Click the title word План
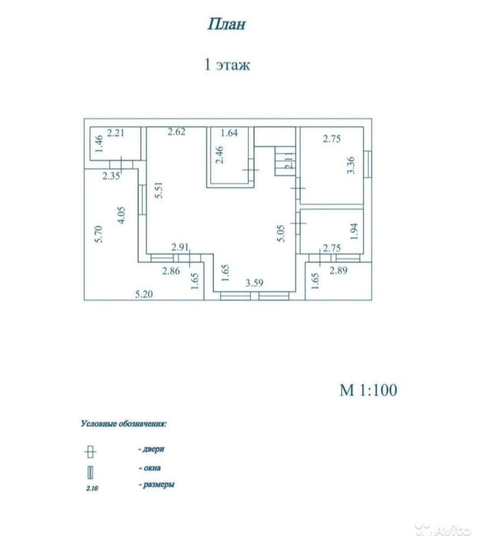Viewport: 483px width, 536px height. pyautogui.click(x=226, y=24)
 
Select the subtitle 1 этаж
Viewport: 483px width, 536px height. pyautogui.click(x=227, y=65)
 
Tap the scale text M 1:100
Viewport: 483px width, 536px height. pyautogui.click(x=368, y=390)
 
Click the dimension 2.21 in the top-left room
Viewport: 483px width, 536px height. pyautogui.click(x=116, y=133)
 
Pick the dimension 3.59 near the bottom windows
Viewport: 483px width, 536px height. pyautogui.click(x=254, y=283)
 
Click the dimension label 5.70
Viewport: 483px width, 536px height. pyautogui.click(x=99, y=234)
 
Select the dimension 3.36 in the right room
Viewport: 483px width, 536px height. pyautogui.click(x=351, y=165)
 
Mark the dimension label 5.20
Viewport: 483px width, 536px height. pyautogui.click(x=144, y=294)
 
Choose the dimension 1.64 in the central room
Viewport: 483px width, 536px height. pyautogui.click(x=229, y=133)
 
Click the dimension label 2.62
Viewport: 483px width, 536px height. pyautogui.click(x=177, y=132)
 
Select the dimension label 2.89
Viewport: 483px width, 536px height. pyautogui.click(x=338, y=270)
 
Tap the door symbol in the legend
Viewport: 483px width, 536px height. pyautogui.click(x=90, y=451)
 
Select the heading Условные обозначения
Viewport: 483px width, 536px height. pyautogui.click(x=124, y=424)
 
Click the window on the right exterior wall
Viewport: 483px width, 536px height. pyautogui.click(x=367, y=164)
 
